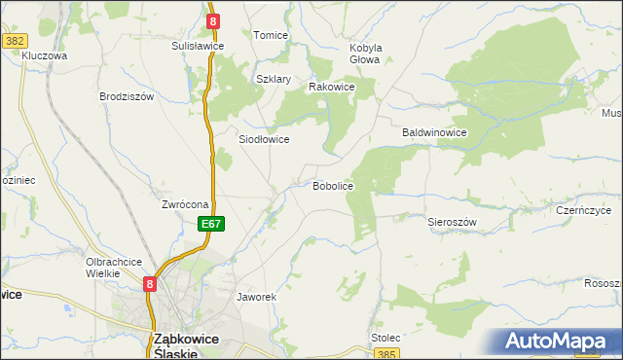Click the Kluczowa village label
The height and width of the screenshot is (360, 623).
[44, 56]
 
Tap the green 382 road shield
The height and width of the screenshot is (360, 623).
[15, 40]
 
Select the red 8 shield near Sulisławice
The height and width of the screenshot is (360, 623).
[213, 19]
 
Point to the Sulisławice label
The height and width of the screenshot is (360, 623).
[199, 46]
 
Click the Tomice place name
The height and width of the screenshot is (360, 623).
[271, 35]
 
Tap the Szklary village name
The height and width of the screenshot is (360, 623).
[275, 80]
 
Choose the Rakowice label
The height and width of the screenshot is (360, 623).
[331, 87]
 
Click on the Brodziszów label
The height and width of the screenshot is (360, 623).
[128, 96]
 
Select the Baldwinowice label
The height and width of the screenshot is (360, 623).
[436, 132]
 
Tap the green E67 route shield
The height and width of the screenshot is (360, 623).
[212, 224]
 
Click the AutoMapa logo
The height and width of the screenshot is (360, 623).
[557, 342]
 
